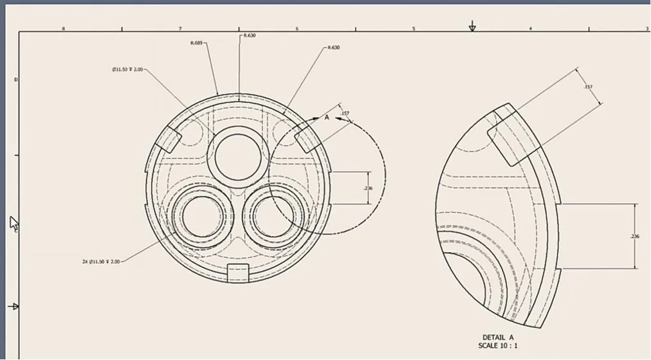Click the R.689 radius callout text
[x=196, y=43]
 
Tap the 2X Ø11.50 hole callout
[x=101, y=262]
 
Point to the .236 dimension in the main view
[x=368, y=188]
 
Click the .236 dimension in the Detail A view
[x=636, y=237]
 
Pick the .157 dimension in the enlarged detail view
[x=588, y=87]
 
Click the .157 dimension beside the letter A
[x=345, y=114]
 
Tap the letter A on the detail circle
[x=326, y=118]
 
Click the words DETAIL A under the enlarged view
[x=498, y=337]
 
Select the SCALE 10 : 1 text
[x=498, y=346]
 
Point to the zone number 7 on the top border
[x=180, y=28]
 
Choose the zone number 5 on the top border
[x=414, y=28]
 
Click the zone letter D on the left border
[x=16, y=79]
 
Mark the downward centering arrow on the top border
[x=472, y=26]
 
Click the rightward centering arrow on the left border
[x=12, y=307]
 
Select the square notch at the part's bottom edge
[x=238, y=272]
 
